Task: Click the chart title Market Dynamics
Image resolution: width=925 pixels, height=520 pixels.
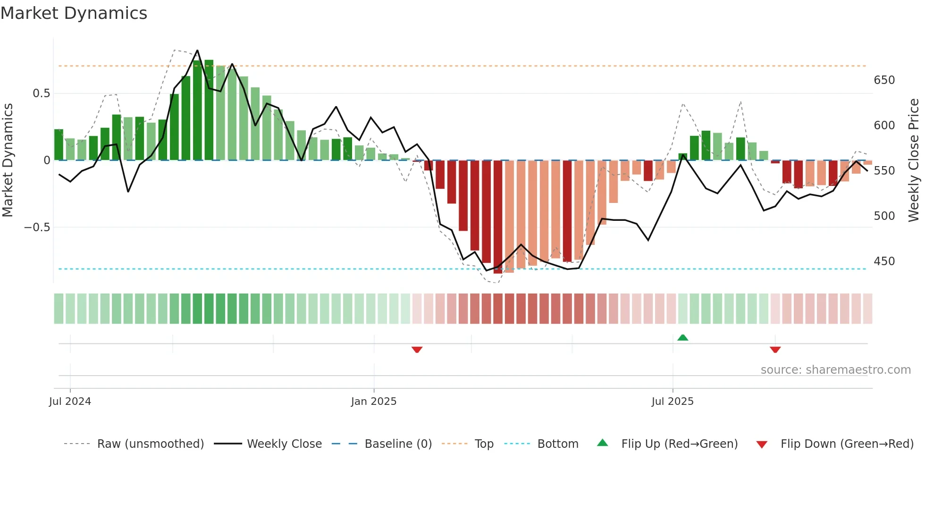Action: click(x=74, y=13)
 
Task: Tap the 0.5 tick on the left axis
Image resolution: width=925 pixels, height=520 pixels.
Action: click(x=41, y=93)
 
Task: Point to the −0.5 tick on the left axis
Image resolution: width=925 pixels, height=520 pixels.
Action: click(x=37, y=227)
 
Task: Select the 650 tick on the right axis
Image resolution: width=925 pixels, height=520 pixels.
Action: click(x=884, y=80)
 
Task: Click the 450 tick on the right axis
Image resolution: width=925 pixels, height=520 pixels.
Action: click(x=884, y=261)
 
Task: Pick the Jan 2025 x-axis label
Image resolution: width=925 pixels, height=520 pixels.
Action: click(x=373, y=402)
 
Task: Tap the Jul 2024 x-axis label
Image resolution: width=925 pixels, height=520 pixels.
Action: click(x=70, y=402)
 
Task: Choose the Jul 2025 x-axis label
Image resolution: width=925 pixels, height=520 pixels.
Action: click(x=672, y=402)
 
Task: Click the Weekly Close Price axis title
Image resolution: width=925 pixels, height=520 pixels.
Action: click(x=914, y=160)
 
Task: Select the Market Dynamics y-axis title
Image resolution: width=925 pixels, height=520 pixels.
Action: click(x=8, y=160)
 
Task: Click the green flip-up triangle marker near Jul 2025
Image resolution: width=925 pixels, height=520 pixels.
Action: click(x=682, y=337)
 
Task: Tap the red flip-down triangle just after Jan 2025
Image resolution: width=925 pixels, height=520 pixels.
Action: click(x=417, y=350)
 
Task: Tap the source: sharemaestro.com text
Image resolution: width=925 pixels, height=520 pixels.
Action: click(x=835, y=370)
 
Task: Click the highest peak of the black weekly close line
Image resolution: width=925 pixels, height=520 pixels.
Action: click(x=197, y=50)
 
